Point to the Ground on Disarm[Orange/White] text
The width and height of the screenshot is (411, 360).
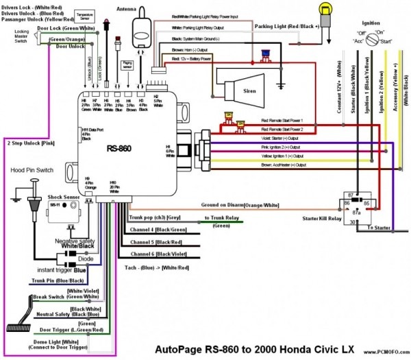click(x=240, y=204)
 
